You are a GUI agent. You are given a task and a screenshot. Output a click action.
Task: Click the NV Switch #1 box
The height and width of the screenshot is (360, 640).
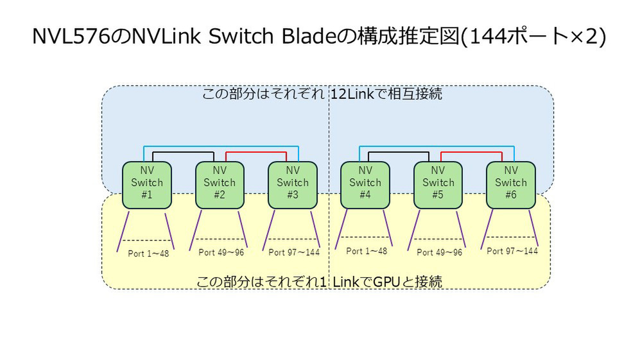tap(146, 184)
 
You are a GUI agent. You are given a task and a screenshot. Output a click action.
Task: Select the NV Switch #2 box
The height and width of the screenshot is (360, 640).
tap(220, 184)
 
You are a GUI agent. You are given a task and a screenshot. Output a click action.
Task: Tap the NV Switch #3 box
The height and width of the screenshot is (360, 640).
tap(292, 184)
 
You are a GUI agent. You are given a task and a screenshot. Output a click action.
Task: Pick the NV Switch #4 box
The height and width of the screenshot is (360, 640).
tap(365, 184)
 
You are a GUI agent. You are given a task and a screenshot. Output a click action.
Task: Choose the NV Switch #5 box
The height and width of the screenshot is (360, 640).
tap(438, 184)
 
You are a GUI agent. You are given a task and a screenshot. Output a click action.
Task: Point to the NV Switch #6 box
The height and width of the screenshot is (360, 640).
tap(510, 184)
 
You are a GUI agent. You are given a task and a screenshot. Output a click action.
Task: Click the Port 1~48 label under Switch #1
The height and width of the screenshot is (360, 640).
tap(148, 253)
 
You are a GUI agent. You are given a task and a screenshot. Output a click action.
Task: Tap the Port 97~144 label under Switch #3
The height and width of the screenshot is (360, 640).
tap(293, 252)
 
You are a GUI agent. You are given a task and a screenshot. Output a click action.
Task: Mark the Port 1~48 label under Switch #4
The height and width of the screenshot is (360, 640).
tap(367, 251)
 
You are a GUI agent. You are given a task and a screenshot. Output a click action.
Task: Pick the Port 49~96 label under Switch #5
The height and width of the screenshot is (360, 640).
tap(440, 252)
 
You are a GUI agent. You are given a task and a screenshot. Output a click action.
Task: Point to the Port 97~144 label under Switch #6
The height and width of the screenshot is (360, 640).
tap(512, 251)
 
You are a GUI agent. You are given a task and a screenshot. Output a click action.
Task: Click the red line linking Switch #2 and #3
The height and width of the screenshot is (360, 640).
tap(256, 153)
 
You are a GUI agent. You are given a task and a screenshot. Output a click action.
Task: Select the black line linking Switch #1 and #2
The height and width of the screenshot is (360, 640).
tap(177, 153)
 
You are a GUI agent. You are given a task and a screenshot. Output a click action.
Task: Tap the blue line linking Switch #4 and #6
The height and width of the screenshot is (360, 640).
tap(437, 146)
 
